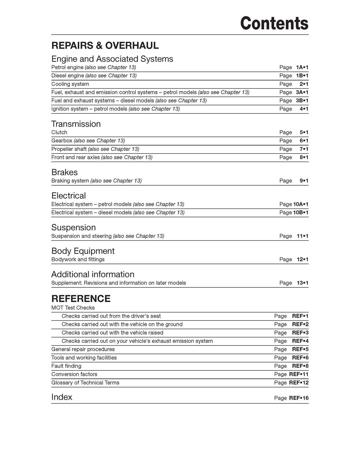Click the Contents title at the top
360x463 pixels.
[274, 23]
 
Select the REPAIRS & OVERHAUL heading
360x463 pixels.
[105, 46]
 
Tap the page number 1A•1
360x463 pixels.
[302, 67]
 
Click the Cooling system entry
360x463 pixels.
[70, 84]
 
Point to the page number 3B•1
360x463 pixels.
[302, 101]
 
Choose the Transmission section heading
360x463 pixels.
[76, 124]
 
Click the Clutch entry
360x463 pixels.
[59, 132]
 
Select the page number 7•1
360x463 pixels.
[304, 149]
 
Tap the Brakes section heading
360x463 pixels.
[64, 172]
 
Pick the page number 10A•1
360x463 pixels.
[301, 204]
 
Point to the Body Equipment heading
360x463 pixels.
[83, 251]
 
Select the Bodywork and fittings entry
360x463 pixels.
[78, 259]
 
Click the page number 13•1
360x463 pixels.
[303, 283]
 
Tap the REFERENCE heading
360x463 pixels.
[81, 299]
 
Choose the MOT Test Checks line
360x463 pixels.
[73, 308]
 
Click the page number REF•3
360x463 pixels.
[300, 333]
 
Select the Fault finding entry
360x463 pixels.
[66, 366]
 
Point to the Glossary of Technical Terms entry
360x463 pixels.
[85, 383]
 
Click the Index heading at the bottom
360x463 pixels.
[62, 397]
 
